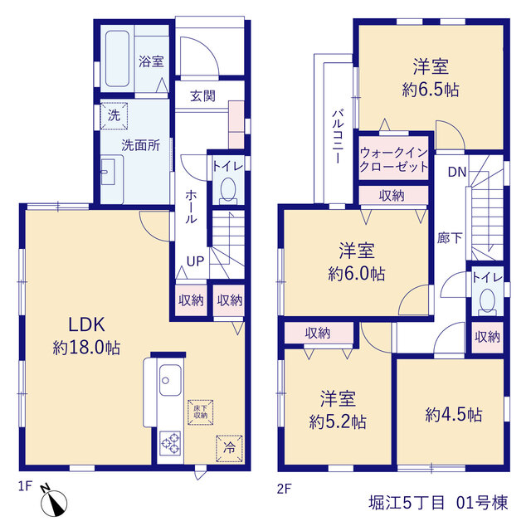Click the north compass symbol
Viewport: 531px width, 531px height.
[x=53, y=501]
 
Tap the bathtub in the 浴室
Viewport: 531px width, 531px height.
[x=117, y=59]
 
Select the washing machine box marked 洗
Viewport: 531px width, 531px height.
[x=114, y=116]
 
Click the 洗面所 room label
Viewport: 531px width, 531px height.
[x=140, y=145]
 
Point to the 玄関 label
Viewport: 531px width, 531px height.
[x=202, y=96]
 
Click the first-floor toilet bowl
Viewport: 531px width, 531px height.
[x=228, y=191]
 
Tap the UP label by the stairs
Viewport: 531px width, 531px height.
[x=196, y=261]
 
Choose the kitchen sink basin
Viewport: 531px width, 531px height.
[x=170, y=380]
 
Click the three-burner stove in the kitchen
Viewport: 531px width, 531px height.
[x=170, y=443]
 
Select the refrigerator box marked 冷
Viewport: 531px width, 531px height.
[x=229, y=448]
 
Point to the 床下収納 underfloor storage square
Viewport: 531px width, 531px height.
[x=201, y=412]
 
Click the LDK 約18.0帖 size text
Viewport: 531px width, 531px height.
[x=86, y=348]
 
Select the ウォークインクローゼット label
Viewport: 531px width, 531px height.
[x=393, y=159]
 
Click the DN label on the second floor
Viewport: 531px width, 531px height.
[x=457, y=172]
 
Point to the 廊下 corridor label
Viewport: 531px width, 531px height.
[x=450, y=238]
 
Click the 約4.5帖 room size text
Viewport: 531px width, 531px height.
[x=454, y=415]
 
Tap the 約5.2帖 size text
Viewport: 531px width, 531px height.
[x=338, y=422]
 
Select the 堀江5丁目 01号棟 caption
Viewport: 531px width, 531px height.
[x=439, y=503]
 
